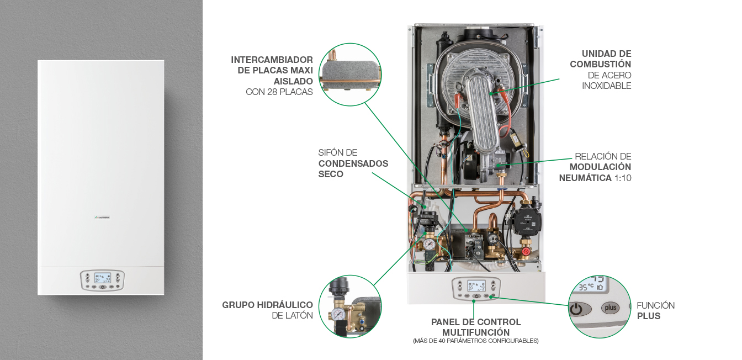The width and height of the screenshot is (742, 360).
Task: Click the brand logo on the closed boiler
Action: click(103, 218)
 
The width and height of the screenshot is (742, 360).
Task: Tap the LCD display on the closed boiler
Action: click(102, 278)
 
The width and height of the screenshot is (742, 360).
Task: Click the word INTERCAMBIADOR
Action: click(272, 60)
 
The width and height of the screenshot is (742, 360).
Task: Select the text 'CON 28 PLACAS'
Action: click(279, 92)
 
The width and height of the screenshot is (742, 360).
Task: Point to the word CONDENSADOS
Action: click(353, 163)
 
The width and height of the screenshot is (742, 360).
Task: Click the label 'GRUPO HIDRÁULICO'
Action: click(267, 305)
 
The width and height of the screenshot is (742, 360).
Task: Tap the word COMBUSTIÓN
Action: click(600, 64)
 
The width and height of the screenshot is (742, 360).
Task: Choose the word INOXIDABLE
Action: click(606, 86)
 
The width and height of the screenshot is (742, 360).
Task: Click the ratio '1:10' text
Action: click(623, 178)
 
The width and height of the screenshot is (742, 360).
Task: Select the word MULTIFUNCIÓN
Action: click(476, 332)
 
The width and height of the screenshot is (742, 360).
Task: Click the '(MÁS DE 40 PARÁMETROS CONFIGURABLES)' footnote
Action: click(475, 341)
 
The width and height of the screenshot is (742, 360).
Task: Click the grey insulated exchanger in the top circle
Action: click(350, 71)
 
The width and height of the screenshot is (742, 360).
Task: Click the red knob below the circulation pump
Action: click(526, 251)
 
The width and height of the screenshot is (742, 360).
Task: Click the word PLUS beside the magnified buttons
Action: click(649, 316)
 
